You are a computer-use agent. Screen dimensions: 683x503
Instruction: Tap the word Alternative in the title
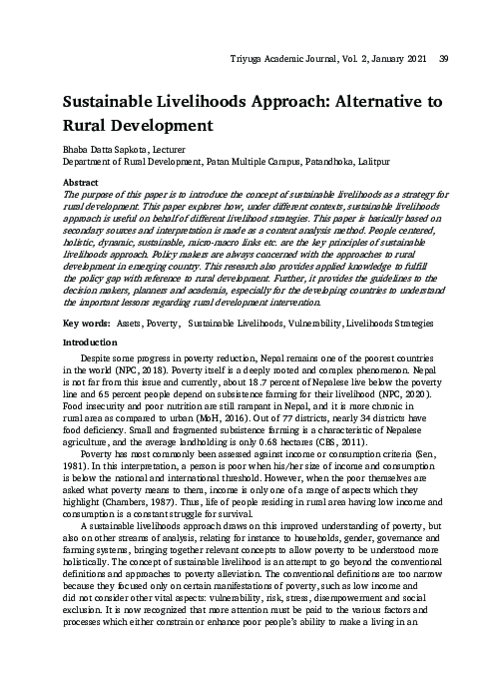tap(357, 103)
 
